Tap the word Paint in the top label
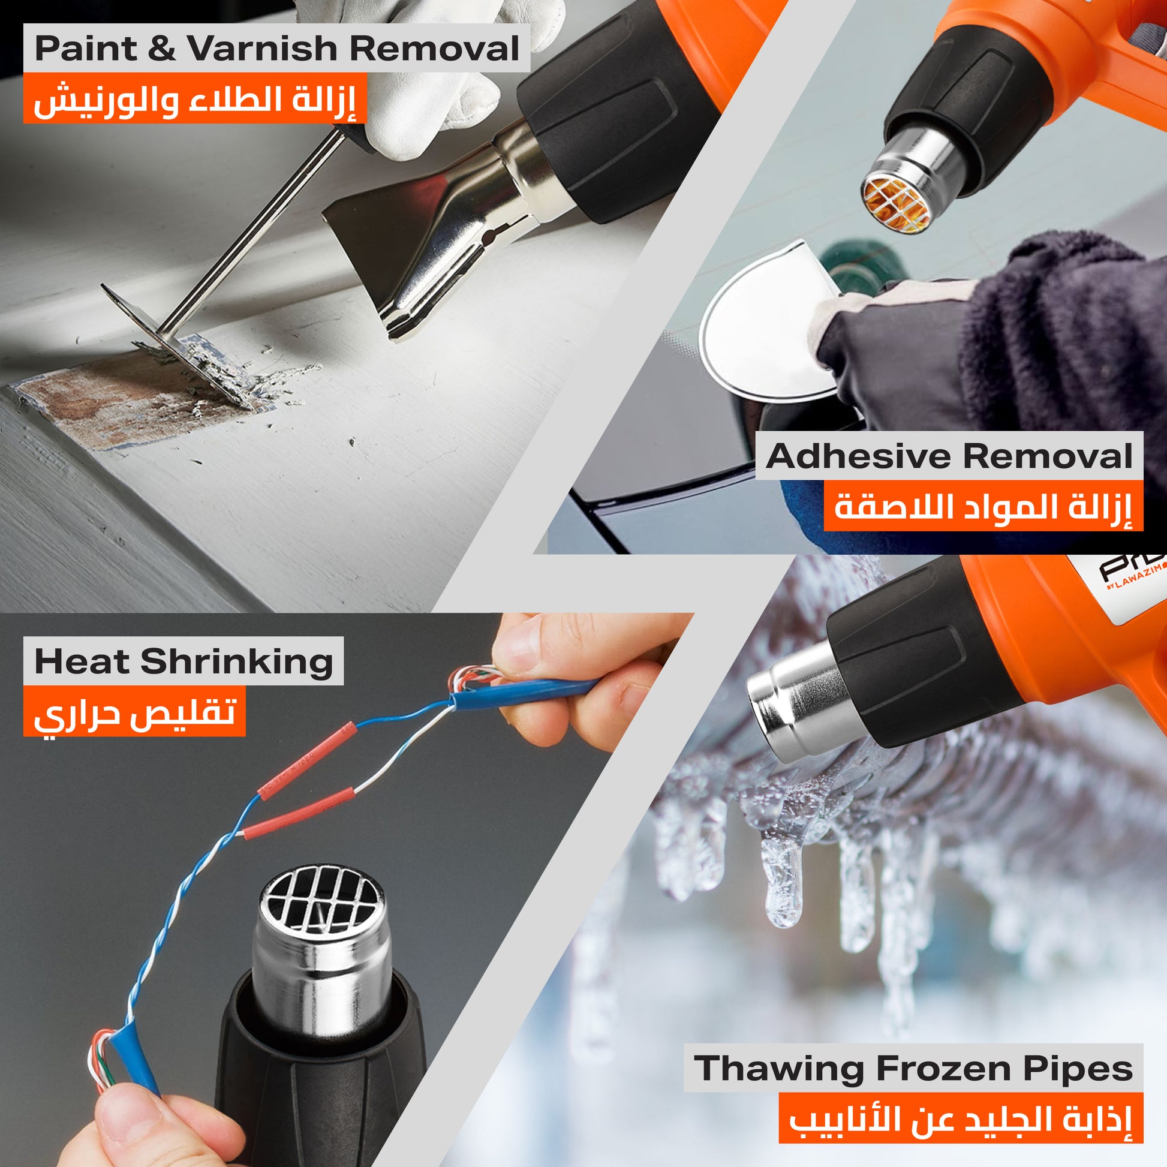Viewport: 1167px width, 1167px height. [x=85, y=49]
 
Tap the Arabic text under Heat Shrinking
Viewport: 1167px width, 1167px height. [x=134, y=713]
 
